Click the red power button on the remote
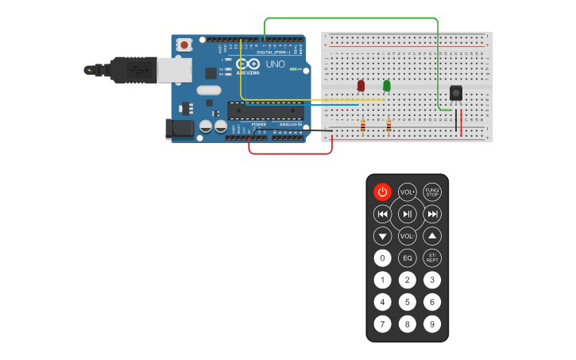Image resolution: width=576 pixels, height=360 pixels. (382, 192)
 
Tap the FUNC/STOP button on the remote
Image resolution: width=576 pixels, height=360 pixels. (431, 192)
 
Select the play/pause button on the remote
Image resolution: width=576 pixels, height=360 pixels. (407, 214)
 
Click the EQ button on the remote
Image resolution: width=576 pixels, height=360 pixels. (407, 258)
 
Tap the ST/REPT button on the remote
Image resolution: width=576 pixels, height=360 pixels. (431, 258)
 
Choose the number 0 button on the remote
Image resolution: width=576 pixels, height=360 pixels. (382, 258)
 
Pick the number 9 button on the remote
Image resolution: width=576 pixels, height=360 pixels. (431, 324)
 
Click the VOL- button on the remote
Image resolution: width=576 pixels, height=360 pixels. (407, 236)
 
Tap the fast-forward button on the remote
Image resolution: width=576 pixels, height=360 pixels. (431, 214)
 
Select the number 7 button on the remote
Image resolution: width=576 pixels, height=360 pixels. (382, 324)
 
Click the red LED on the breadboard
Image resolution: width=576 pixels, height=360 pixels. (361, 85)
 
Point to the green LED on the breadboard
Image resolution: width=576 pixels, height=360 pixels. (387, 85)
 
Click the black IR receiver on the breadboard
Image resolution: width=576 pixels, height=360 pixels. (456, 93)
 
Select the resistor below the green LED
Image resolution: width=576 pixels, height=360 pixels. (389, 126)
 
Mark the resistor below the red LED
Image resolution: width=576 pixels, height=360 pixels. (363, 126)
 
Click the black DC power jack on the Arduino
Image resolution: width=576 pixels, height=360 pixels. (180, 129)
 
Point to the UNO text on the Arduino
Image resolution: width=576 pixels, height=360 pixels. (275, 64)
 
